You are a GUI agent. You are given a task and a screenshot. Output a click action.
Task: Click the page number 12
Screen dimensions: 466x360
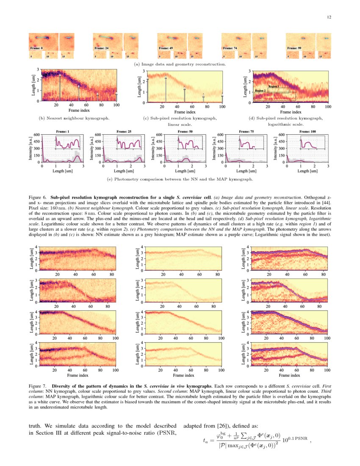(329, 17)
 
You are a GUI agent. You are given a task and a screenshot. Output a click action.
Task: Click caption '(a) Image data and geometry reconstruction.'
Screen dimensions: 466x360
(180, 64)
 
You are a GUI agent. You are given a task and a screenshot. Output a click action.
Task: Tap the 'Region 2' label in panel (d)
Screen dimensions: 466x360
(260, 91)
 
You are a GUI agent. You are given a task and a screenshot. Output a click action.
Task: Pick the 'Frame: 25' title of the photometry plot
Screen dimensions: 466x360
(124, 132)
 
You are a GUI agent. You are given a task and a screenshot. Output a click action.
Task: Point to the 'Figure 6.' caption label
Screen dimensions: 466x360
(38, 198)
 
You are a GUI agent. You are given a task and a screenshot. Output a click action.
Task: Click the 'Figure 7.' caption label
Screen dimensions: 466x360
(38, 387)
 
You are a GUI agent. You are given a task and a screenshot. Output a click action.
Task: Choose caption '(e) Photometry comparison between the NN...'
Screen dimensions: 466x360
(180, 179)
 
